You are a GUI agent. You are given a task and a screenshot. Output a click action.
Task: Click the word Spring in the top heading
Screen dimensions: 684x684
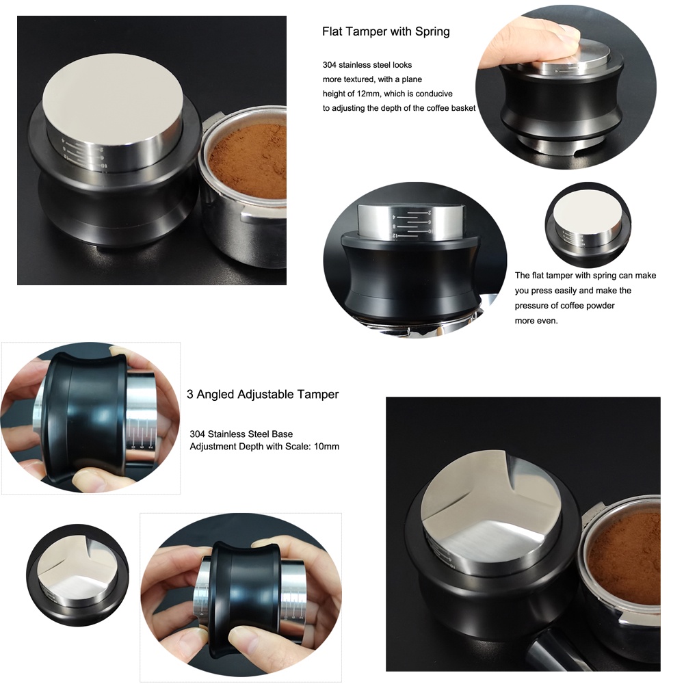(x=432, y=32)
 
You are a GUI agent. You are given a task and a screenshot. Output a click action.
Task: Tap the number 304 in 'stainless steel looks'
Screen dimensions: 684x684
(x=330, y=65)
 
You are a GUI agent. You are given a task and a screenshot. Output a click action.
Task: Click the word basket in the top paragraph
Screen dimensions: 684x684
(x=463, y=108)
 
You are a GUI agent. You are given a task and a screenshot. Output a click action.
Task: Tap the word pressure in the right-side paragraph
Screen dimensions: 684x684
(x=531, y=306)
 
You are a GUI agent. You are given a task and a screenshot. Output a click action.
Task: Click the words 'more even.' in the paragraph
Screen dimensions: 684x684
(x=536, y=321)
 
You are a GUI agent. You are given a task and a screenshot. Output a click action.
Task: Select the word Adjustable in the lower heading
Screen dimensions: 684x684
(x=265, y=395)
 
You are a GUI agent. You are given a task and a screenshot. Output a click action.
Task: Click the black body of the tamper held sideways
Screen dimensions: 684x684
(x=91, y=419)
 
